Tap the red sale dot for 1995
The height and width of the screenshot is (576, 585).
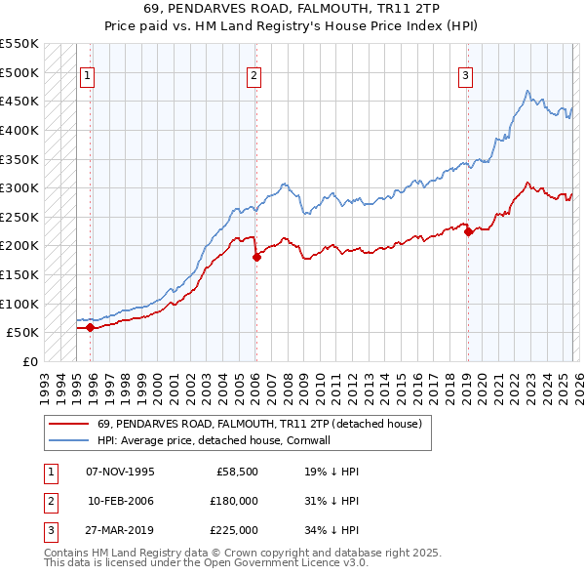[x=91, y=327]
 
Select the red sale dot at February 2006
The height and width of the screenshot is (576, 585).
[x=256, y=257]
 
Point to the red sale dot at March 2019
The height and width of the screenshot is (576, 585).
[x=468, y=231]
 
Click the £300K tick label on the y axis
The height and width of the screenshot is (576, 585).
[x=19, y=187]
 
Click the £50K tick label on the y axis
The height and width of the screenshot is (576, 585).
[x=23, y=332]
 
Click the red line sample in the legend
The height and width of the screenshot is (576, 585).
[x=68, y=424]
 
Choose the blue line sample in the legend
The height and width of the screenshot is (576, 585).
[x=68, y=440]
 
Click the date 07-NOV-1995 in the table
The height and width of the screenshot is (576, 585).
[x=120, y=472]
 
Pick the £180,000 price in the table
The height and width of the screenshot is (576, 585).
[x=234, y=500]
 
